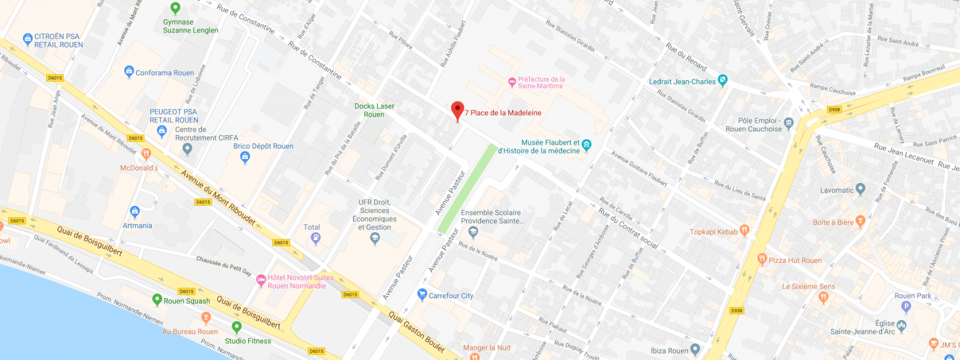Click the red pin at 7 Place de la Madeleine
coord(457,110)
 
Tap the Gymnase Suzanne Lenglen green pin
coord(175,8)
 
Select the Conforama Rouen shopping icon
coord(129,72)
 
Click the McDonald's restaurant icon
coord(146,154)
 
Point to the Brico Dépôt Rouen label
coord(263,146)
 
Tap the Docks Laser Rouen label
coord(374,110)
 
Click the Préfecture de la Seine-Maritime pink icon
coord(512,82)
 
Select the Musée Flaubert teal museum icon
coord(587,145)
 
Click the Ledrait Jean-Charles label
coord(682,82)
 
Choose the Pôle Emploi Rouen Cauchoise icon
coord(788,124)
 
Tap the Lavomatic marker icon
coord(860,190)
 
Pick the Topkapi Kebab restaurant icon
coord(745,230)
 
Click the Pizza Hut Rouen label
coord(795,260)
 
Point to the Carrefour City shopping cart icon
coord(422,294)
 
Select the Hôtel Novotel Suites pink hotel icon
coord(261,280)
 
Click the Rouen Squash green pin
coord(157,299)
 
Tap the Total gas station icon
coord(316,238)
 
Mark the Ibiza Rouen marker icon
coord(695,349)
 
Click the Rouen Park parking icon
coord(906,307)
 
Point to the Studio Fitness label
coord(248,341)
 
